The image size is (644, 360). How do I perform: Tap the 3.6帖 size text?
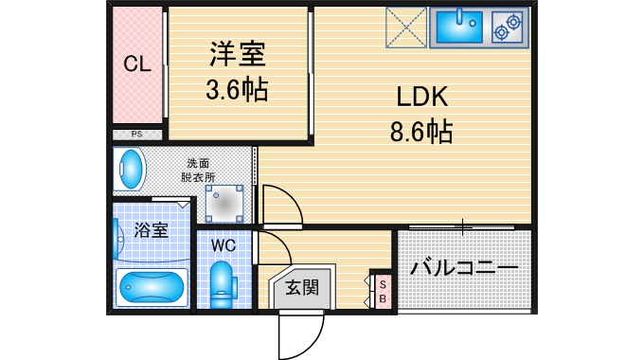click(239, 91)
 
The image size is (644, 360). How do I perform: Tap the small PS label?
click(137, 135)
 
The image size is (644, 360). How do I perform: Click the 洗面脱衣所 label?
click(199, 170)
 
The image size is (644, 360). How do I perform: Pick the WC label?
click(224, 244)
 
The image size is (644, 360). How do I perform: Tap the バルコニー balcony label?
click(464, 269)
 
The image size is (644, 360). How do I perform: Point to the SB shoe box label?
click(383, 292)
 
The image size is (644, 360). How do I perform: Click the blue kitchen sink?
click(457, 27)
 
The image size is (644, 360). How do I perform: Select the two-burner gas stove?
click(506, 27)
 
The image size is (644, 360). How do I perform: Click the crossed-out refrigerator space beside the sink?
click(408, 27)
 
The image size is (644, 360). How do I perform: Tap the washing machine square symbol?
click(224, 203)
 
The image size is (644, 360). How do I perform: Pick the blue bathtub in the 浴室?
click(152, 287)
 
